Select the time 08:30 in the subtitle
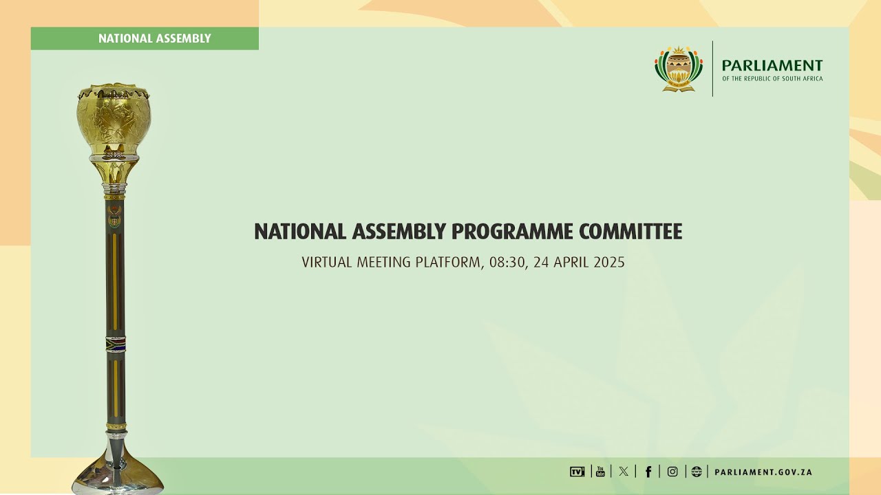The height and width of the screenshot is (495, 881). pos(507,263)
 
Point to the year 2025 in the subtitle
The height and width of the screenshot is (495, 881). pos(609,263)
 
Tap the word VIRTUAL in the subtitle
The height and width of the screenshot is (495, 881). pos(326,263)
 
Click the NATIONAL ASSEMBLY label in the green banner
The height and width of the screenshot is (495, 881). pos(154,38)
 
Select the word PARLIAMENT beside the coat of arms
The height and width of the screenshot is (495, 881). pos(772,65)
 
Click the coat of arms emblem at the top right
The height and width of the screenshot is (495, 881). pos(679,69)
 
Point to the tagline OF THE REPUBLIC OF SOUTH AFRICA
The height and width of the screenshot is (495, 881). pos(772,79)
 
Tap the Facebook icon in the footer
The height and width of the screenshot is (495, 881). pos(648,472)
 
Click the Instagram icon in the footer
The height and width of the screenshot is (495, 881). pos(672,472)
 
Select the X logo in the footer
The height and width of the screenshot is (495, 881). pos(624,472)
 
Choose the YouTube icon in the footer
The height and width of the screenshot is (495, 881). pos(600,472)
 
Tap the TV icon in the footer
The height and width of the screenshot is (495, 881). pos(577,472)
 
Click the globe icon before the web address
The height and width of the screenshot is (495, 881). pos(697,472)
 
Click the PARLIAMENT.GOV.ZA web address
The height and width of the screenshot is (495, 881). pos(763,472)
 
